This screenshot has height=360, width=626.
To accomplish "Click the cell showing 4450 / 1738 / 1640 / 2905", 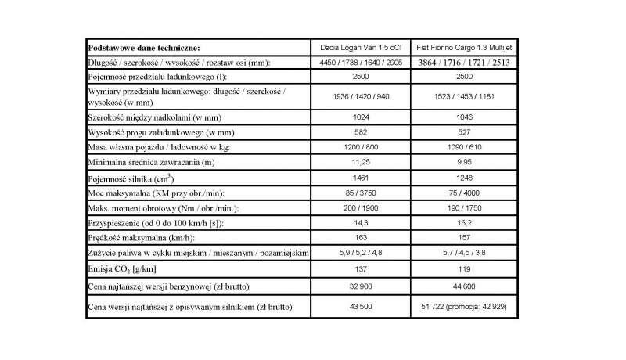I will coord(362,62).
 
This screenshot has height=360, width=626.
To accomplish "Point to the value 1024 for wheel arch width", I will coord(362,116).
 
